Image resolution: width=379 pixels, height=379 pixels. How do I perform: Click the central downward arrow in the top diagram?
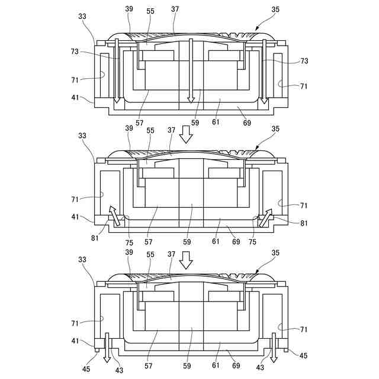[x=191, y=71]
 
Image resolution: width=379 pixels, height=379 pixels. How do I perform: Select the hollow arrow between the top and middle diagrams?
[x=187, y=136]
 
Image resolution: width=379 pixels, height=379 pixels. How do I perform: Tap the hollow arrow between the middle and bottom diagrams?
[x=187, y=258]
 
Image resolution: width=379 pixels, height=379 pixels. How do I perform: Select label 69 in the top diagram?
[x=247, y=123]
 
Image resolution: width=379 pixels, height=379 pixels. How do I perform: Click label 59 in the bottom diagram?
[x=187, y=366]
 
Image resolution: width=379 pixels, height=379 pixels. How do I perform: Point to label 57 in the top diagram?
[x=140, y=123]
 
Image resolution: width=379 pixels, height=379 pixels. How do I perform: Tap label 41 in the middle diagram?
[x=75, y=217]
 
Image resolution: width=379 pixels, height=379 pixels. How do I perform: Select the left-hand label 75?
[x=129, y=242]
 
